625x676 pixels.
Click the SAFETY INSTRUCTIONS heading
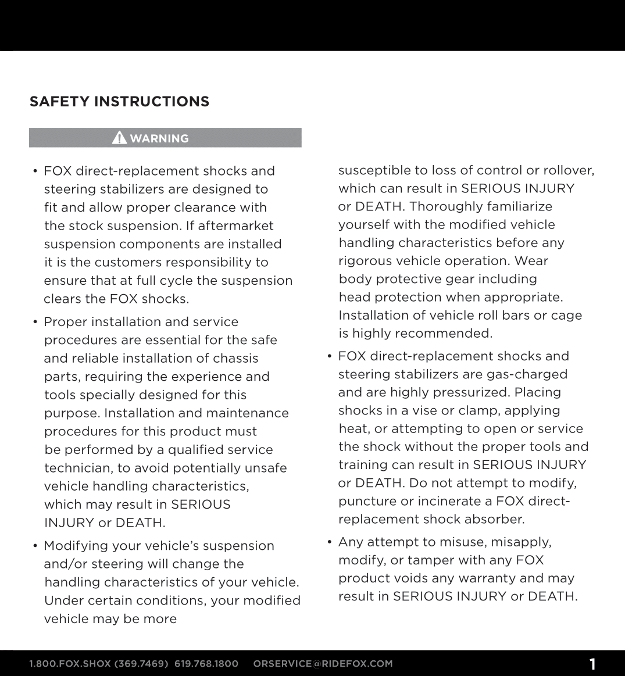pos(119,102)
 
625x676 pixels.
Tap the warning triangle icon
pos(119,138)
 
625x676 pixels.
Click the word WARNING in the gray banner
pos(159,138)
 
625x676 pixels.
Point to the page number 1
pos(592,664)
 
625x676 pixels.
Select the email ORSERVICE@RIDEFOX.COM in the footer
pos(323,664)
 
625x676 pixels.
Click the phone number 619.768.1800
pos(206,664)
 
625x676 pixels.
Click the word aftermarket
pos(238,226)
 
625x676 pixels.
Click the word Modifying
pos(76,546)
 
